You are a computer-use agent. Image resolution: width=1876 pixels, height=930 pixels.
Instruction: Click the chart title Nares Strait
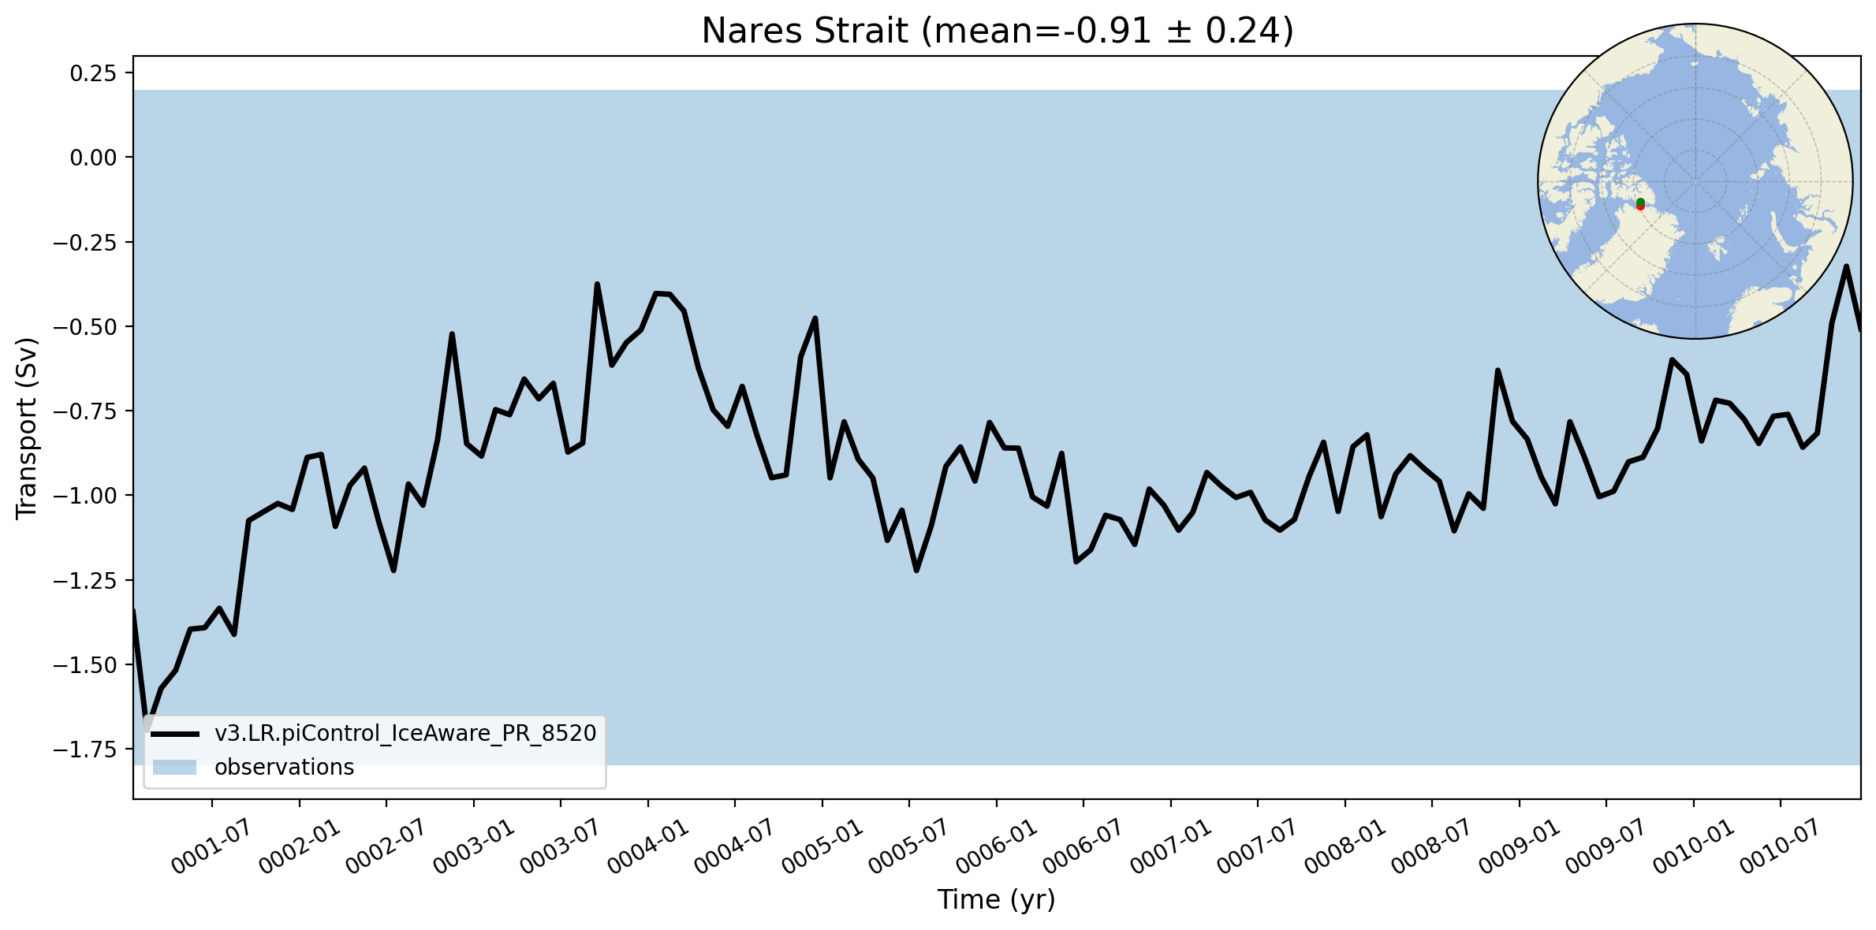(804, 32)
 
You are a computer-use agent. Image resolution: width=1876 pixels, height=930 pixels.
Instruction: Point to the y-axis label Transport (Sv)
(27, 428)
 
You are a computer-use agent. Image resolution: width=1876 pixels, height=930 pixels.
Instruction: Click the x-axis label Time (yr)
(996, 899)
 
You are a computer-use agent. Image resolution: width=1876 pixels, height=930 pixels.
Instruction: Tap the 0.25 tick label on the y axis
(93, 73)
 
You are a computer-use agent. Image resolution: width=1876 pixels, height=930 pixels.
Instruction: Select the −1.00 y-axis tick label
(84, 496)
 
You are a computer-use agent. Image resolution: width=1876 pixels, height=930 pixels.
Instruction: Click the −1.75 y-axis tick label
(84, 750)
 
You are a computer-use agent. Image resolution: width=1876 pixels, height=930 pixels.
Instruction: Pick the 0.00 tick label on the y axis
(93, 158)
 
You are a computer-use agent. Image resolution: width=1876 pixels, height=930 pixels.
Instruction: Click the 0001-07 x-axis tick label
(211, 846)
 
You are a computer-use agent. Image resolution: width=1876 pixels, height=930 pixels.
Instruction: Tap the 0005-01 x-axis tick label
(822, 846)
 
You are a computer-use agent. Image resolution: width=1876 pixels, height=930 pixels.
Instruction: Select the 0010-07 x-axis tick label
(1780, 846)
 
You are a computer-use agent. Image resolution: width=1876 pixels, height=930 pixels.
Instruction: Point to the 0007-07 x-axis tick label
(1257, 846)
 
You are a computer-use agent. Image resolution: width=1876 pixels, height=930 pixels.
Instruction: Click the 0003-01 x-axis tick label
(474, 846)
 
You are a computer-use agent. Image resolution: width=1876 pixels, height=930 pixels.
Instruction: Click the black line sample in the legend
(175, 735)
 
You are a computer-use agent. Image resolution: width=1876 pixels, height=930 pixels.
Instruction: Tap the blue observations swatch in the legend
(175, 768)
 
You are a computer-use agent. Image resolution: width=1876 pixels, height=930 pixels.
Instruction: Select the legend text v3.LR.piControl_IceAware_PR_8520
(405, 734)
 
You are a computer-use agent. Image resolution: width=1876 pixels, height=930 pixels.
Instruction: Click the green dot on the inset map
(1640, 202)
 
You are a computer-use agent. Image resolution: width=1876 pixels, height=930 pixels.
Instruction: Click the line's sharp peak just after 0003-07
(597, 284)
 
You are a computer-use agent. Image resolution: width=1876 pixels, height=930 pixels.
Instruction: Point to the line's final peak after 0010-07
(1846, 266)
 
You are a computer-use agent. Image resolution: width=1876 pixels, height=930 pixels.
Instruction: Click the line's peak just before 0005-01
(815, 318)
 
